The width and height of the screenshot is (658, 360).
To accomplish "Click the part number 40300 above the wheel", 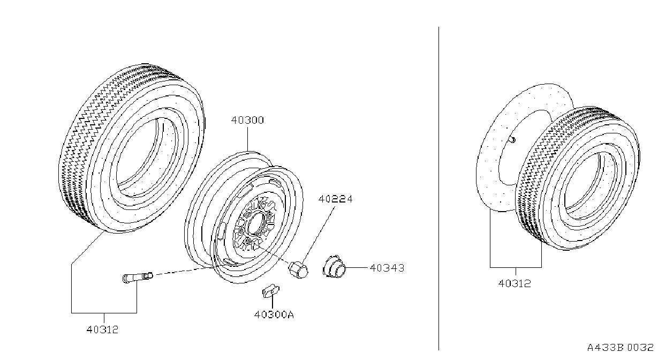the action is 247,120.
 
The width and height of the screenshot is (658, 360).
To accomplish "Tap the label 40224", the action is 336,199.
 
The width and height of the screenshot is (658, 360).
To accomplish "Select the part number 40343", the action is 387,268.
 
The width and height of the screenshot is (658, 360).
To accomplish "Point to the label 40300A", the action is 274,314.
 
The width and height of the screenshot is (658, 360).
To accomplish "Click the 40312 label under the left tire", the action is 102,329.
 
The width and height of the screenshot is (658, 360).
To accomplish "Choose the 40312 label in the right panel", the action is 515,283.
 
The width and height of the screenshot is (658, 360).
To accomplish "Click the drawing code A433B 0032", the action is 621,347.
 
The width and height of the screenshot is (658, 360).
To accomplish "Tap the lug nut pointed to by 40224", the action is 298,269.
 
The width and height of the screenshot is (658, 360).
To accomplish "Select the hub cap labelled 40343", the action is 334,267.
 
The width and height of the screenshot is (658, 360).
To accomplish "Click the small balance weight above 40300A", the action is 271,291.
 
